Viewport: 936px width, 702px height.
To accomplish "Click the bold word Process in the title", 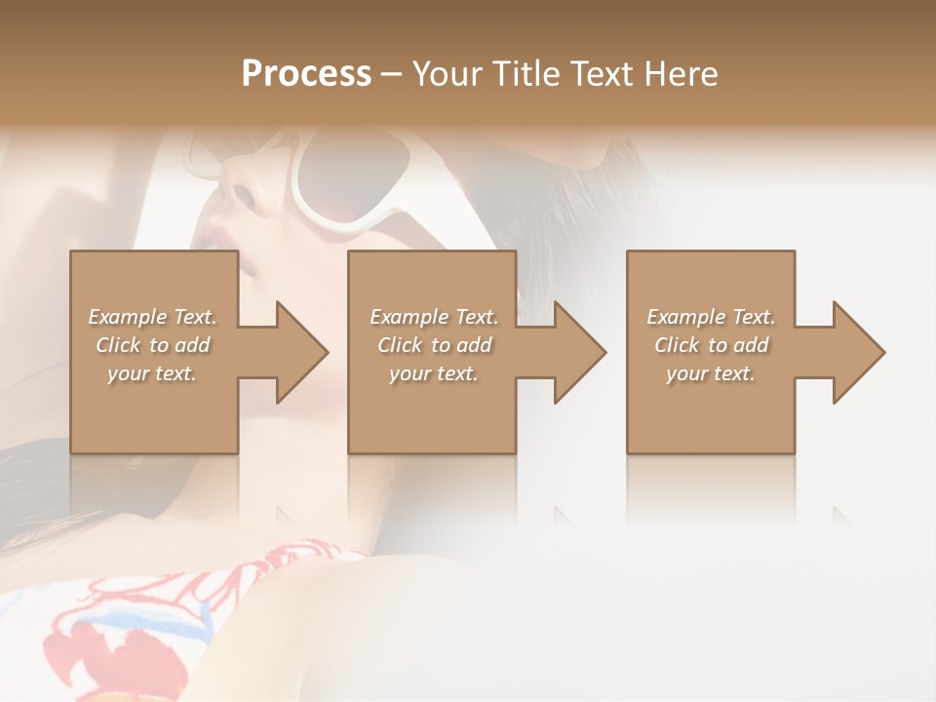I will tap(306, 73).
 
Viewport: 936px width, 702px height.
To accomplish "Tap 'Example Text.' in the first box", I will tap(153, 317).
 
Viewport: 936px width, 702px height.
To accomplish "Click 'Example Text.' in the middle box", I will tap(434, 317).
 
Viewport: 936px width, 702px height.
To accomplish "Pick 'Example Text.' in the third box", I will tap(711, 317).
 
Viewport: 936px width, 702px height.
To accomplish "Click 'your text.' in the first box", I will tap(153, 373).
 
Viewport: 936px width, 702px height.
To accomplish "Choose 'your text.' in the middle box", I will tap(434, 373).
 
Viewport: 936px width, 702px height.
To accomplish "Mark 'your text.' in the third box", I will tap(711, 373).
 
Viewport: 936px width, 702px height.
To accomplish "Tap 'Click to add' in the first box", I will tap(153, 345).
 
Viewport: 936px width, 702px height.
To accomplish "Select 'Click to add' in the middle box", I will tap(434, 345).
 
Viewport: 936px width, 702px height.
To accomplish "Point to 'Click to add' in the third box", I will tap(711, 345).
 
